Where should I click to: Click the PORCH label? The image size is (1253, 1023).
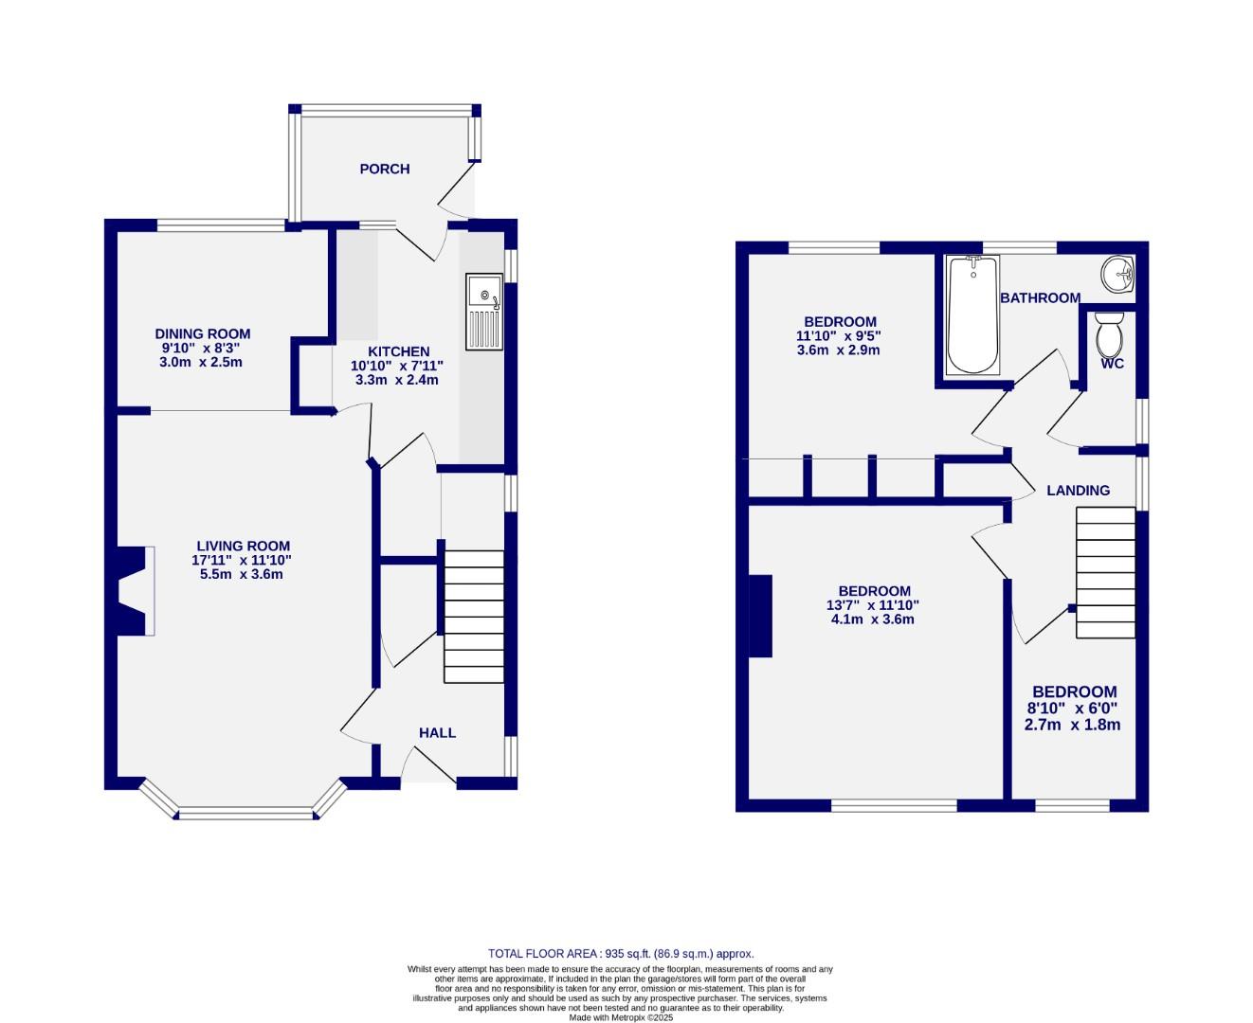pyautogui.click(x=384, y=169)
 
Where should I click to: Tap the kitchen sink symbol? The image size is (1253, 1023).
pyautogui.click(x=484, y=311)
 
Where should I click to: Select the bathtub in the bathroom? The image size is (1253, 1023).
pyautogui.click(x=972, y=315)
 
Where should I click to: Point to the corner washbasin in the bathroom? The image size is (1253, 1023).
pyautogui.click(x=1118, y=275)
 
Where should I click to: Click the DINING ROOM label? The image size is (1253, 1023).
pyautogui.click(x=203, y=333)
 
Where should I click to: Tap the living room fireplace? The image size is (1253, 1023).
pyautogui.click(x=133, y=591)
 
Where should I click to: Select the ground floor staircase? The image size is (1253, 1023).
pyautogui.click(x=474, y=617)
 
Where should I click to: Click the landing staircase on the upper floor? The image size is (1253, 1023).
pyautogui.click(x=1105, y=572)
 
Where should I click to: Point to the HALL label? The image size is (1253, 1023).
pyautogui.click(x=437, y=732)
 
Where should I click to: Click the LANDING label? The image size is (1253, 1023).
pyautogui.click(x=1078, y=490)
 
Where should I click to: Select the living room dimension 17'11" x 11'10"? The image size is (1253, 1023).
pyautogui.click(x=243, y=560)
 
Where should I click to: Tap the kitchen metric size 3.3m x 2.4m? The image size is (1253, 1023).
pyautogui.click(x=396, y=380)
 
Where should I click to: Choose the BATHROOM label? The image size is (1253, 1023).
pyautogui.click(x=1040, y=297)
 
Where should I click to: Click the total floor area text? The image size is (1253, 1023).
pyautogui.click(x=621, y=954)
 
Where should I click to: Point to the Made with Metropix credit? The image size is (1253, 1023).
pyautogui.click(x=621, y=1017)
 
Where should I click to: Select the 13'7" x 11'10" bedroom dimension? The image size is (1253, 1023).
pyautogui.click(x=873, y=605)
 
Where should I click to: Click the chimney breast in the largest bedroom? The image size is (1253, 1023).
pyautogui.click(x=760, y=616)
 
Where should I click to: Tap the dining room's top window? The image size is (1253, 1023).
pyautogui.click(x=221, y=225)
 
